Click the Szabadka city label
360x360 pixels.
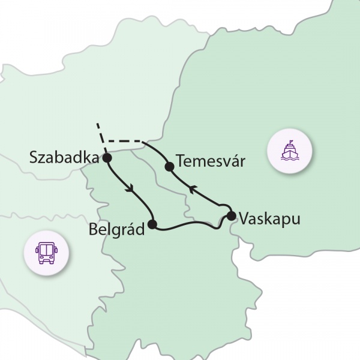(x=63, y=158)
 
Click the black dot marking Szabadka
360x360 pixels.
(x=107, y=158)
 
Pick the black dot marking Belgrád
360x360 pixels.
(x=152, y=224)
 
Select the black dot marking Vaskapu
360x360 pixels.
(x=231, y=216)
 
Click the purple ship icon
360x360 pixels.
(x=290, y=152)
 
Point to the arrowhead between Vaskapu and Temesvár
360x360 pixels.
(x=191, y=190)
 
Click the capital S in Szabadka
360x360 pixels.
(x=34, y=158)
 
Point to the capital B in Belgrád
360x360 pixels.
(x=92, y=229)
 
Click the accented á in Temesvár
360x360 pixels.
(x=236, y=161)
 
